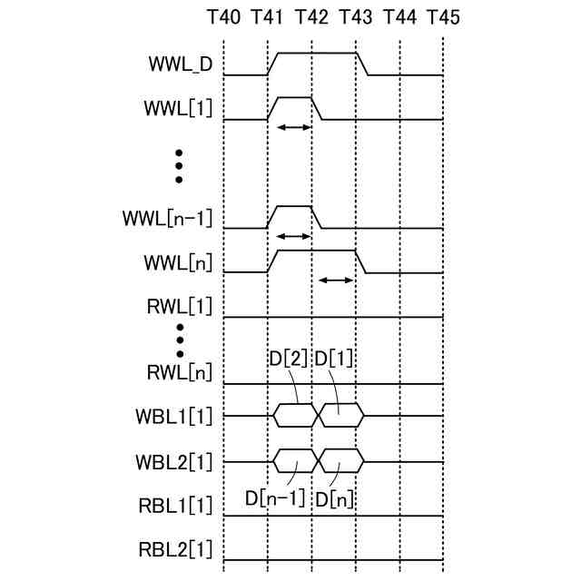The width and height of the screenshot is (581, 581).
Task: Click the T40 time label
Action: (x=224, y=18)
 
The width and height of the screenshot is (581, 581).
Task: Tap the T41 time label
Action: (x=268, y=18)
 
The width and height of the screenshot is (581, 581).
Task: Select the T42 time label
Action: (x=311, y=18)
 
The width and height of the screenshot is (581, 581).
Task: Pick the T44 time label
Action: (x=399, y=18)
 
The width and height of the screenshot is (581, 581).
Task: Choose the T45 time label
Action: (x=443, y=18)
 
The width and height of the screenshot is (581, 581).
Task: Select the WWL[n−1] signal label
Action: (x=167, y=219)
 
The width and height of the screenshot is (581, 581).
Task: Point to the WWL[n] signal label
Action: (x=178, y=263)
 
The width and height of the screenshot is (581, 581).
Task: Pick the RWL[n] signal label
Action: (x=179, y=371)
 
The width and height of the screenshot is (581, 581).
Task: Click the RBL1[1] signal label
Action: (x=174, y=505)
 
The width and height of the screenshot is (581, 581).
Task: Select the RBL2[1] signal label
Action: (x=174, y=549)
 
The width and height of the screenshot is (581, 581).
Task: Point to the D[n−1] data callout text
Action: (x=276, y=498)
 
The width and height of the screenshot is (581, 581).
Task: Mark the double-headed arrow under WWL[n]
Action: (x=336, y=281)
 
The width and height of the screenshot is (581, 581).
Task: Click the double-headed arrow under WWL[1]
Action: (x=292, y=127)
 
